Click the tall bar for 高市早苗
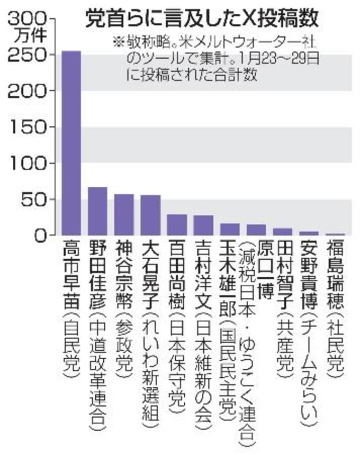71,143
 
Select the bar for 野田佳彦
97,211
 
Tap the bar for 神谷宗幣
124,215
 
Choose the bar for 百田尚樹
177,225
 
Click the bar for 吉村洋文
203,225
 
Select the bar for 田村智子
283,232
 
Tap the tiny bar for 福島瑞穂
335,234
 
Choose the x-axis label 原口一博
256,270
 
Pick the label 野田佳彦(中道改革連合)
97,339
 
